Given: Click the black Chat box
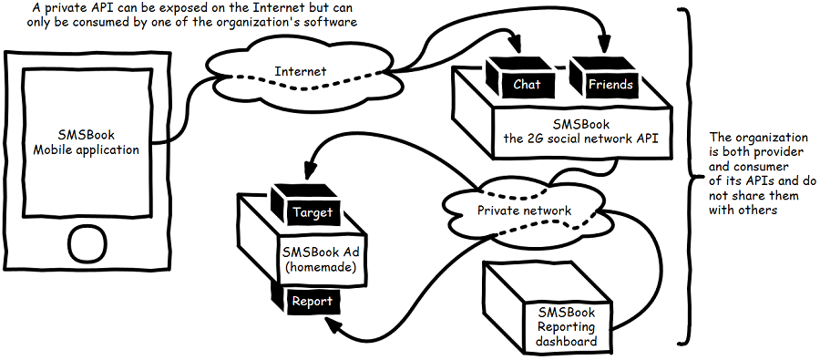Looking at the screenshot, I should click(526, 84).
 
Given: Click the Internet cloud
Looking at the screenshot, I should click(302, 72).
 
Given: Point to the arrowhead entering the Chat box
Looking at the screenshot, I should click(516, 46).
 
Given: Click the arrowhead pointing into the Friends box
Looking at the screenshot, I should click(603, 46).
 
